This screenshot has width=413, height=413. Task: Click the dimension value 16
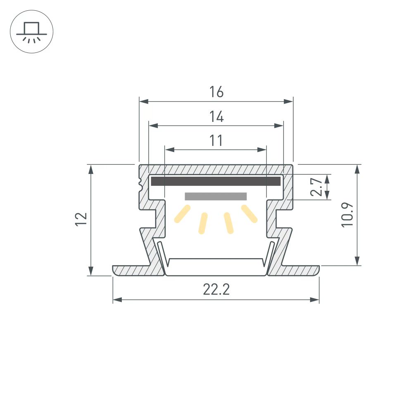216,92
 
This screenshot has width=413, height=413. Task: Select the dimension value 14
216,117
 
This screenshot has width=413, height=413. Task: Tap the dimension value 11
216,141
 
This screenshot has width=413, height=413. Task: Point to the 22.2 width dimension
216,290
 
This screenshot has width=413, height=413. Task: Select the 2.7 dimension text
316,187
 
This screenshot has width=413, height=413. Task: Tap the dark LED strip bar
216,181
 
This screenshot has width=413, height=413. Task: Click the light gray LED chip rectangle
216,196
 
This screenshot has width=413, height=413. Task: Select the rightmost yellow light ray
249,214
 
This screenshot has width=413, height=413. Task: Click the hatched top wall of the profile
216,169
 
